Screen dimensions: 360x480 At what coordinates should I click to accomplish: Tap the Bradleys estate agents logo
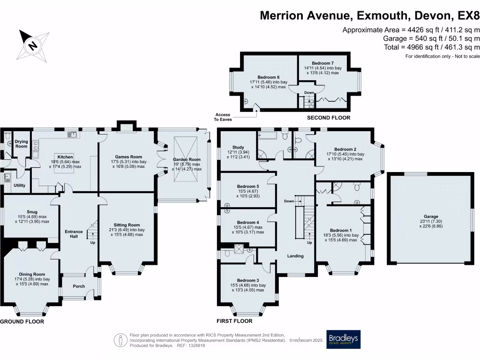click(x=344, y=339)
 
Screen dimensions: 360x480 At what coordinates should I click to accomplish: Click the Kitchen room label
click(x=65, y=157)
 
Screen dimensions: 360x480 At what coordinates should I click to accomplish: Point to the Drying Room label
click(x=22, y=143)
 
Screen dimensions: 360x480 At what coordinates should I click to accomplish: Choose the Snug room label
click(x=32, y=212)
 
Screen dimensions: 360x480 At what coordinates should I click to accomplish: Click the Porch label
click(x=79, y=286)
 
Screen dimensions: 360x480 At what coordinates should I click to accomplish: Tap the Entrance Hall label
click(x=74, y=234)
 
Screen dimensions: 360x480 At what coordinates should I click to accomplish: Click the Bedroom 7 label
click(x=322, y=63)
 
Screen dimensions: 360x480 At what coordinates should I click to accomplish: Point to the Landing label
click(x=295, y=256)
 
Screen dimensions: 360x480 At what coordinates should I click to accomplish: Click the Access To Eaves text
click(x=223, y=117)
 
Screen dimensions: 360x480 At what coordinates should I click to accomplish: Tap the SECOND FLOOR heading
click(x=328, y=118)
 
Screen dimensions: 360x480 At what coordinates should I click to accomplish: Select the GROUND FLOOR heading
click(x=22, y=322)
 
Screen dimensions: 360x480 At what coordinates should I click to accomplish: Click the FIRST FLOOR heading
click(x=234, y=321)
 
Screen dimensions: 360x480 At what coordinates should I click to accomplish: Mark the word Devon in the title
click(x=432, y=15)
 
